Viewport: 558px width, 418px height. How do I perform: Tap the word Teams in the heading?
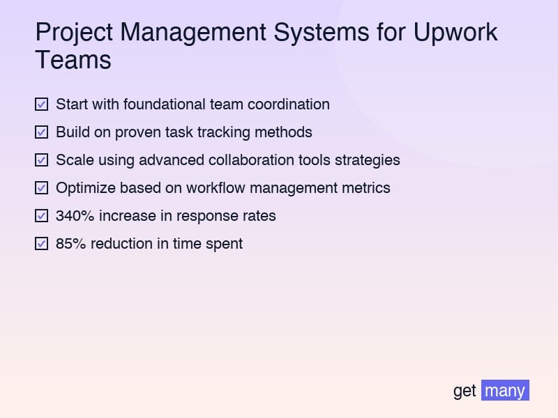click(73, 61)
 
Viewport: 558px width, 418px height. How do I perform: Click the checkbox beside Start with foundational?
click(41, 104)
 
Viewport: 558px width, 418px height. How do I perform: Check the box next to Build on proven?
click(41, 132)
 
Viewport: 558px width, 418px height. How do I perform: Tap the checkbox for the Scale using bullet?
click(41, 160)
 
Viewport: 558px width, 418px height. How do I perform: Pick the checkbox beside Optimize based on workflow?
click(41, 188)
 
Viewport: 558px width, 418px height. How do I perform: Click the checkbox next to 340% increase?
click(41, 216)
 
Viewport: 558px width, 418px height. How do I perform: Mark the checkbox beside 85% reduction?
click(41, 244)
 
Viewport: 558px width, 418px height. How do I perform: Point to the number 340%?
click(75, 216)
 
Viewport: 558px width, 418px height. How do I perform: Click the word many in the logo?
click(505, 391)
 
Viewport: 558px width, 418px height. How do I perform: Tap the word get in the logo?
click(465, 391)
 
